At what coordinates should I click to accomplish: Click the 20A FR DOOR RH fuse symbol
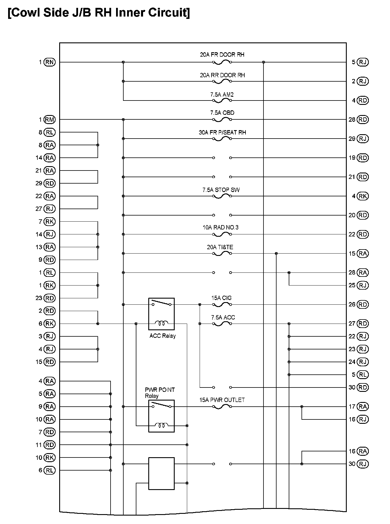click(222, 62)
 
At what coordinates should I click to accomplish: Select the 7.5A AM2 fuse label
click(222, 94)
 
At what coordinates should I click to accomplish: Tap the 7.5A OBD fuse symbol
click(222, 120)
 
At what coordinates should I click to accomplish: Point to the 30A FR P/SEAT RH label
click(222, 132)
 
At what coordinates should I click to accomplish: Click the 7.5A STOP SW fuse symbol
click(222, 196)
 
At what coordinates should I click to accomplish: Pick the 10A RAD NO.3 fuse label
click(221, 227)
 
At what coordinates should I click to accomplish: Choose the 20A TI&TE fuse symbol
click(222, 254)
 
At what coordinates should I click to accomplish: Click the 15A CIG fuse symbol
click(222, 305)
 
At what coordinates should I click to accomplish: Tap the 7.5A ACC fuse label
click(223, 317)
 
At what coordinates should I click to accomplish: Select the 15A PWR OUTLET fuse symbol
click(222, 407)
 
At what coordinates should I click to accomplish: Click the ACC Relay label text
click(162, 336)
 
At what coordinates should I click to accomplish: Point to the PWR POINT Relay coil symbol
click(161, 426)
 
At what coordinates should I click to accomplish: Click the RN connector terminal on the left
click(50, 62)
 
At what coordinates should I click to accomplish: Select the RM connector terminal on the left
click(50, 120)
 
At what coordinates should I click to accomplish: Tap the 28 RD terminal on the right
click(363, 120)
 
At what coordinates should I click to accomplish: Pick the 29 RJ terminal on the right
click(363, 139)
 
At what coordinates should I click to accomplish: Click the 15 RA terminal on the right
click(363, 254)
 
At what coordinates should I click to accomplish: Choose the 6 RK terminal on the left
click(50, 324)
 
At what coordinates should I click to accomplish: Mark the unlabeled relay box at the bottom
click(161, 473)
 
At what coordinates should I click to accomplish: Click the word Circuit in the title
click(167, 13)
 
